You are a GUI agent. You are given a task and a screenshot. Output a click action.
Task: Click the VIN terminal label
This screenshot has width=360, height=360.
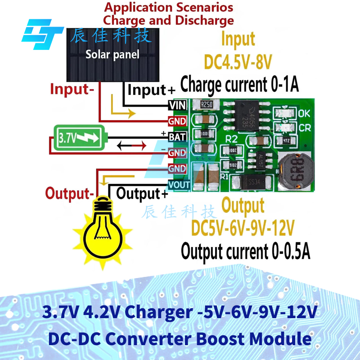coord(176,105)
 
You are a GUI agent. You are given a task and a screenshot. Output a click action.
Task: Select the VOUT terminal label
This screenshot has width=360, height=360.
coord(179,184)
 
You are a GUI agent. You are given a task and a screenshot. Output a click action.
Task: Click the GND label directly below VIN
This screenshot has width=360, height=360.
coord(177,121)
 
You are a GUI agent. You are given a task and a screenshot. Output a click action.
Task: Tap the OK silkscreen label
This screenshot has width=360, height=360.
coord(304,113)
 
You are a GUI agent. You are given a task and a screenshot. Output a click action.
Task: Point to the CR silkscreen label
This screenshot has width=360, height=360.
coord(304,127)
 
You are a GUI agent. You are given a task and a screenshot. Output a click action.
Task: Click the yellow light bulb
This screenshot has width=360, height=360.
coord(104,224)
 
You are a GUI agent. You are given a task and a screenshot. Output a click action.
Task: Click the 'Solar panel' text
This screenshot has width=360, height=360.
coord(112,55)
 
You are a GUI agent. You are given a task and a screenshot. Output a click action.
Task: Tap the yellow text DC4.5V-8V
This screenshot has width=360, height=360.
coord(238,61)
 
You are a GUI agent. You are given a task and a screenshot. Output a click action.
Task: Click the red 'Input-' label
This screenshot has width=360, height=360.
coord(72,89)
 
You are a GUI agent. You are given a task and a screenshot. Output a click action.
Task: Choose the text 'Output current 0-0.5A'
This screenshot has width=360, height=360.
coord(245,251)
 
